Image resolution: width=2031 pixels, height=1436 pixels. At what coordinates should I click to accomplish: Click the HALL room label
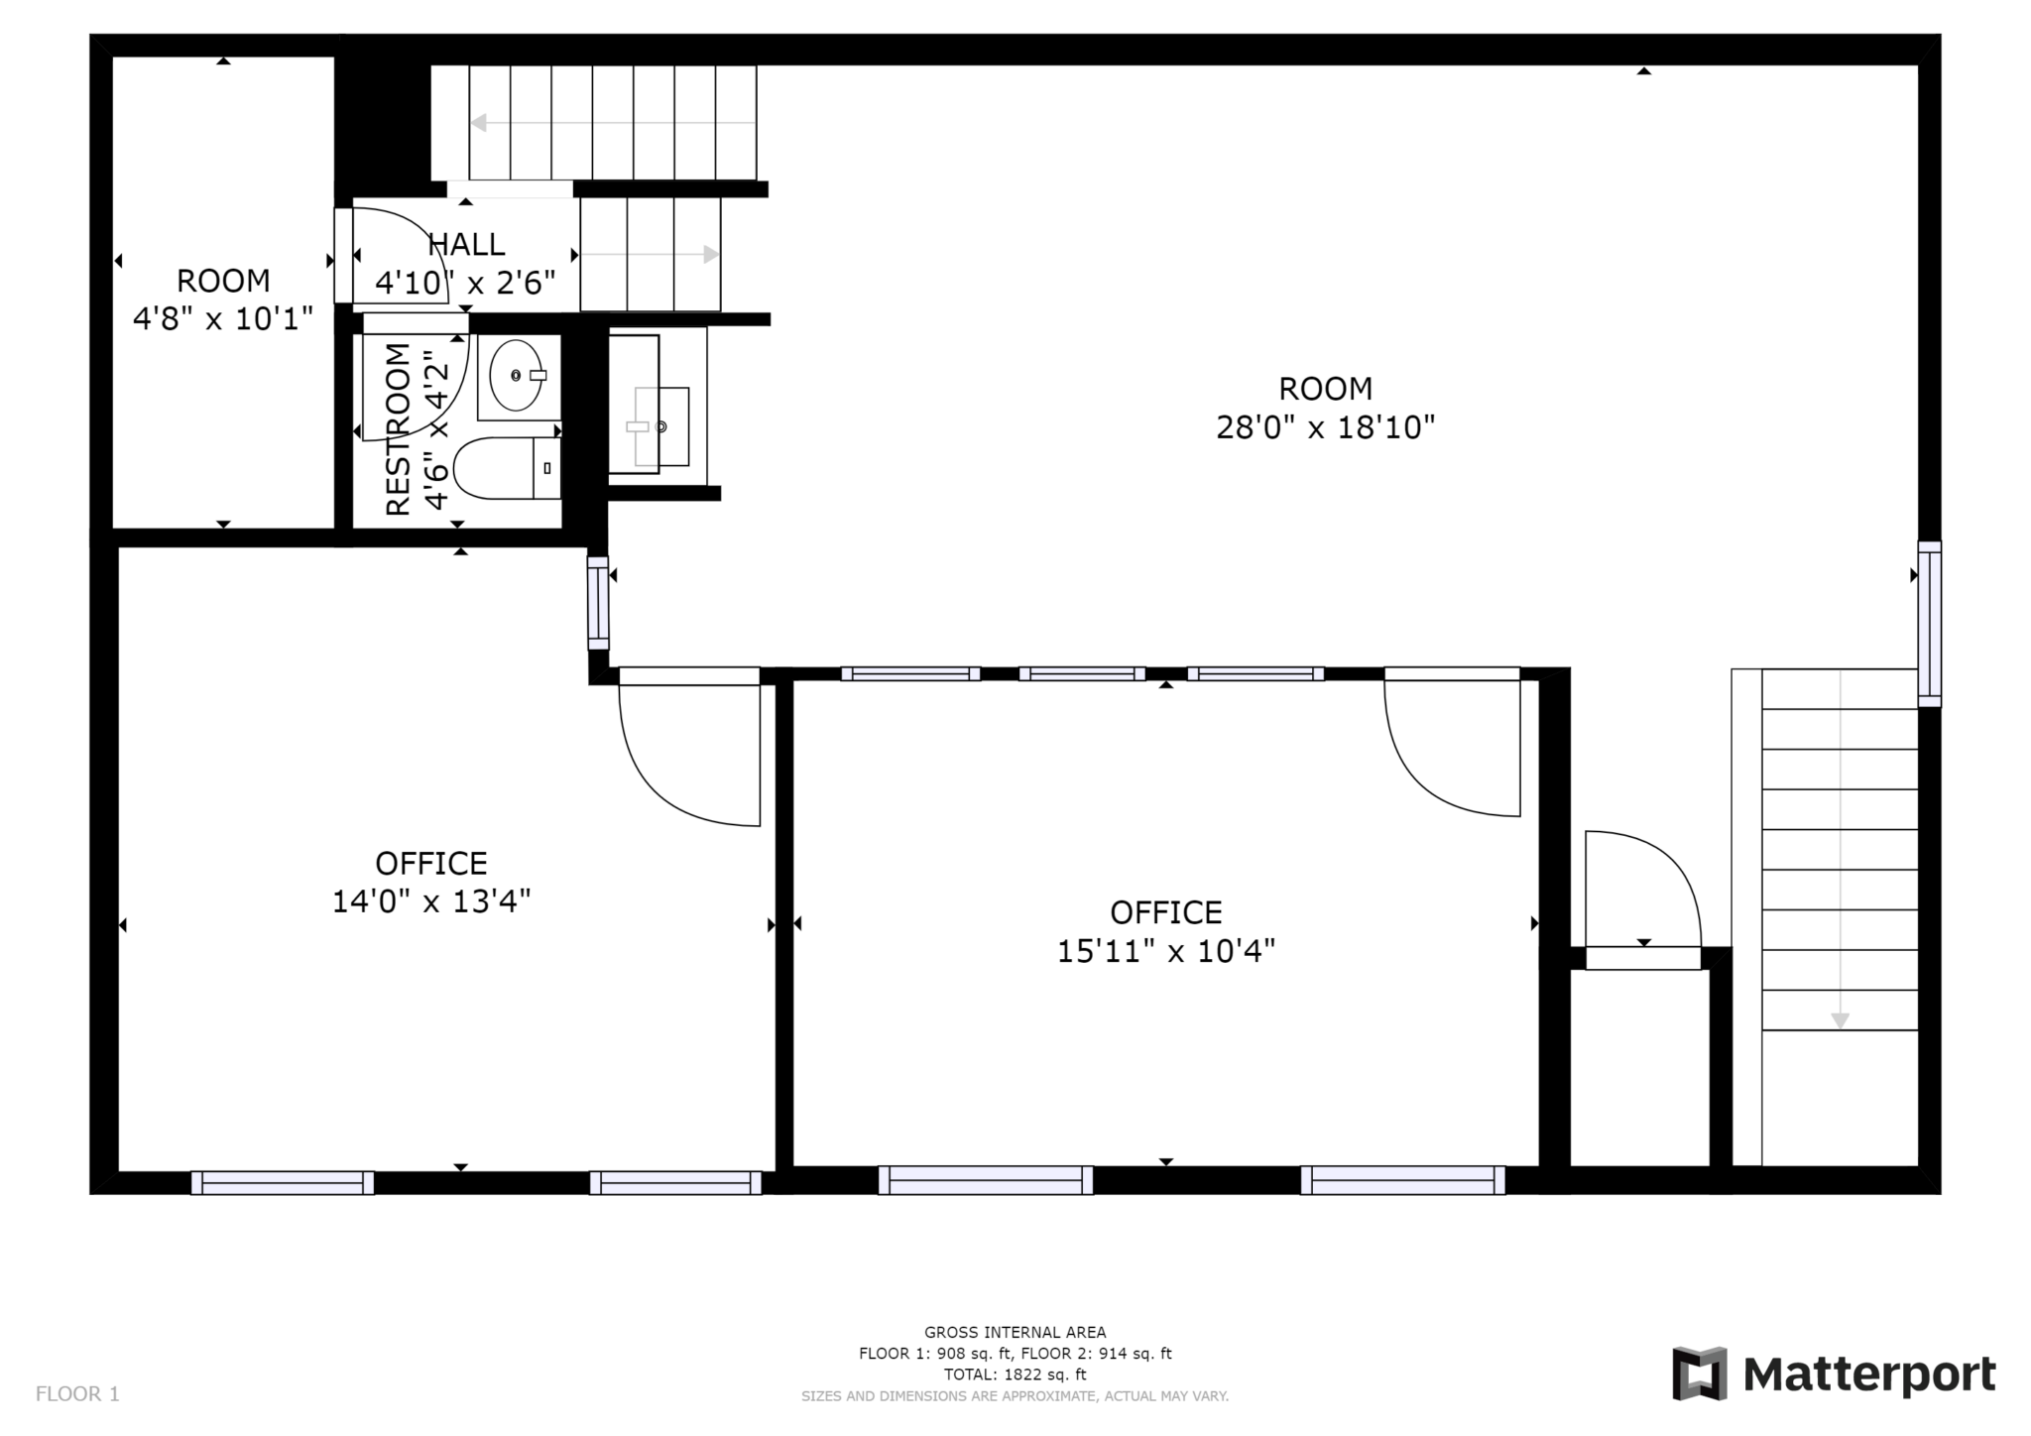tap(466, 244)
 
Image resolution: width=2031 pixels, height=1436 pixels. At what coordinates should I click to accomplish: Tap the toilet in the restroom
tap(507, 468)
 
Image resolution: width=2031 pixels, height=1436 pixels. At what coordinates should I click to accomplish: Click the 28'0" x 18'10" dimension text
tap(1325, 427)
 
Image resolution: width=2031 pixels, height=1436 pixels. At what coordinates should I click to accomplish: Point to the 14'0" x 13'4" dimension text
tap(431, 901)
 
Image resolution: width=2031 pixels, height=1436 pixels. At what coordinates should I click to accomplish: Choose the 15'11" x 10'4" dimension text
tap(1165, 951)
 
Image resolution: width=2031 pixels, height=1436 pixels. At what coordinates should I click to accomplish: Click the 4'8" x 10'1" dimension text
tap(223, 318)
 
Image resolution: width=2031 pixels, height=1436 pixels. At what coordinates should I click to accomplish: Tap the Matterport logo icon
tap(1700, 1374)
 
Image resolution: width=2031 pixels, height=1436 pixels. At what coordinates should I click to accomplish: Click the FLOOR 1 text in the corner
tap(77, 1394)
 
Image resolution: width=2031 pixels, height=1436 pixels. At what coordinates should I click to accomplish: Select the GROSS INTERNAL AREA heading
tap(1015, 1333)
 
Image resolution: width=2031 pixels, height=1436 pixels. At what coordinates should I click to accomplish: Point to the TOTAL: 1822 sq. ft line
tap(1015, 1375)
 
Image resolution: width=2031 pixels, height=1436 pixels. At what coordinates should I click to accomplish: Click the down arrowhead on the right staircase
tap(1840, 1020)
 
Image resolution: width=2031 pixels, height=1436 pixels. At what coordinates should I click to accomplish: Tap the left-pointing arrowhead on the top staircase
tap(478, 123)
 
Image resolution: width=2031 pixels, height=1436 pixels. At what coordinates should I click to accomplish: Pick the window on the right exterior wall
tap(1929, 624)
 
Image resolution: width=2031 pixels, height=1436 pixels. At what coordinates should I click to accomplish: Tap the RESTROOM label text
tap(398, 429)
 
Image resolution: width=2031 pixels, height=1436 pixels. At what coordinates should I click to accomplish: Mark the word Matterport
tap(1869, 1376)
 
